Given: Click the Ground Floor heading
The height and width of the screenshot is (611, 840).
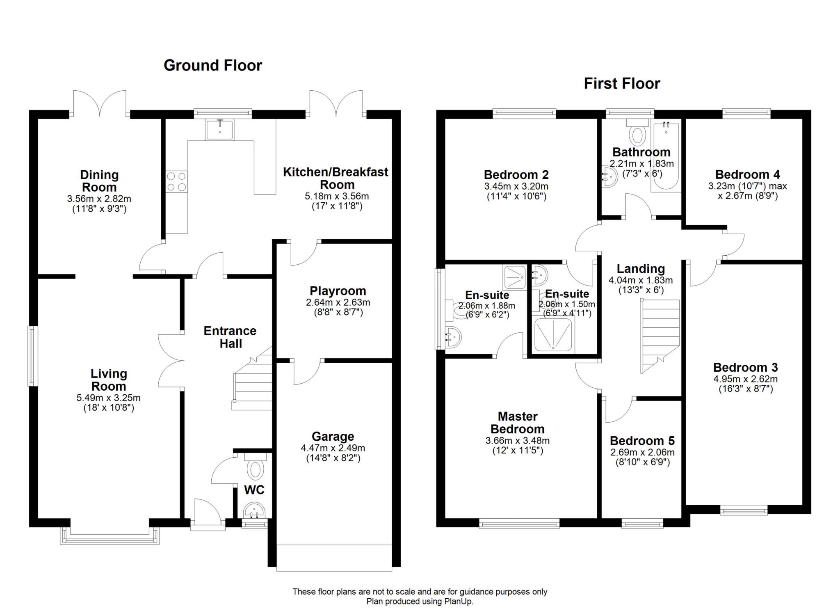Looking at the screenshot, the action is point(212,66).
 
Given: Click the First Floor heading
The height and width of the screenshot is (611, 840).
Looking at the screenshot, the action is point(622,84).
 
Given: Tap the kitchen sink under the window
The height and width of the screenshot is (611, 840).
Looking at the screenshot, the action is point(220,129).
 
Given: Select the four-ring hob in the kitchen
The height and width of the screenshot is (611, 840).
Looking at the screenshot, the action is point(177,181).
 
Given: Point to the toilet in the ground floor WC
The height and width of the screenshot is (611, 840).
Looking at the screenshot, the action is point(255,466).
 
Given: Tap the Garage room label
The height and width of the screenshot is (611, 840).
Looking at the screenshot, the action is point(333,436).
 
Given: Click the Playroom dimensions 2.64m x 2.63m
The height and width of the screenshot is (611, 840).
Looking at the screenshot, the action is point(338,302).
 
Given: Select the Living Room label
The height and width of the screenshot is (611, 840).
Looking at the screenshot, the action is point(109,380).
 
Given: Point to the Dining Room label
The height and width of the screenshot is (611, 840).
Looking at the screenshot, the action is point(99,181).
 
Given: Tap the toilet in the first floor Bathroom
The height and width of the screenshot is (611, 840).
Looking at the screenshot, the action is point(637,131).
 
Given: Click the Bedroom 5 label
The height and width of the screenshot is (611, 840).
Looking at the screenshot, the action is point(642,441).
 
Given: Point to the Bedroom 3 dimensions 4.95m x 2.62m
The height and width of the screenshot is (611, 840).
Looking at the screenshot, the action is point(745,379).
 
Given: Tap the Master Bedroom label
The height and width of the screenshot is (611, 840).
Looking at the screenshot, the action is point(518,423).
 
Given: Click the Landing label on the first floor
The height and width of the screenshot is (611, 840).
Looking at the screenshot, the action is point(641,269).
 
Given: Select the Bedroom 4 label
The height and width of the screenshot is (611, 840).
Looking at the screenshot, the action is point(748,174).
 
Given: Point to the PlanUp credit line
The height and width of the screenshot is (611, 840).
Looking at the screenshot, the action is point(420,602).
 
